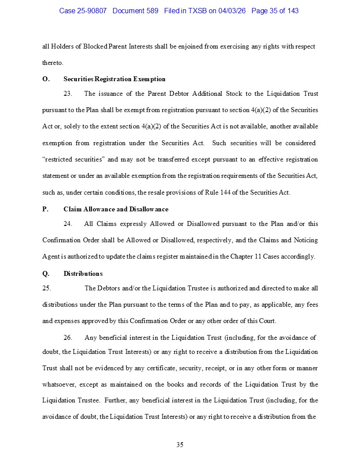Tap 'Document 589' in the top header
135,11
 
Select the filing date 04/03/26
232,11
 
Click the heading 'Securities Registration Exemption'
114,79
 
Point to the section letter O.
45,79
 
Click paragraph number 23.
68,94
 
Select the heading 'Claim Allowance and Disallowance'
116,209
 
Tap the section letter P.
45,209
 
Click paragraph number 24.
68,224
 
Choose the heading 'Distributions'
83,274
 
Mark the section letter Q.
45,274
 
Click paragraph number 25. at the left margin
46,288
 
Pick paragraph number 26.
68,338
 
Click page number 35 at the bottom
180,445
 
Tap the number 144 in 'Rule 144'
224,192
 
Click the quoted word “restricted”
59,160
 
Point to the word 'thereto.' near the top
53,63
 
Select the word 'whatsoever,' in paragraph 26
60,384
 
